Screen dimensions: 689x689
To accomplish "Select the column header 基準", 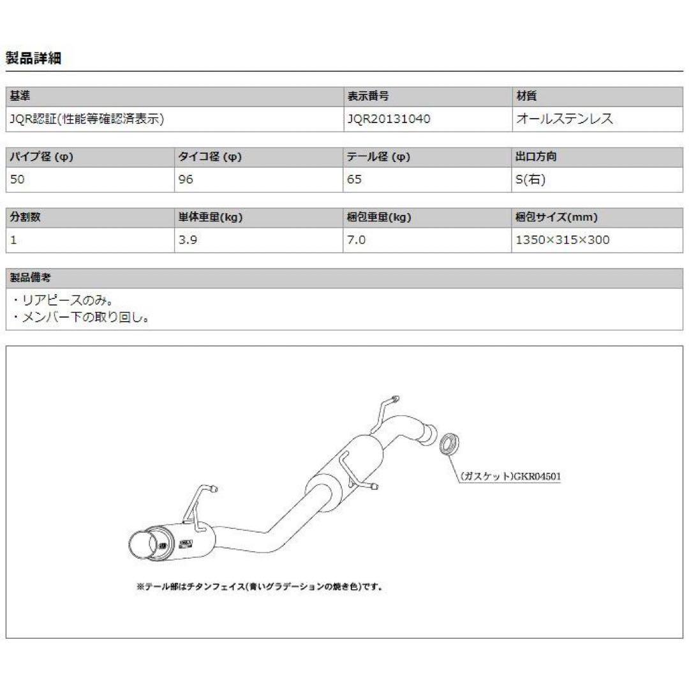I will pos(20,96).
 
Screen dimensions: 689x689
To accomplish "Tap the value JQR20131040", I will pos(389,119).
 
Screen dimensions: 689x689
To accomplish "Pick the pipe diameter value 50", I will pos(18,179).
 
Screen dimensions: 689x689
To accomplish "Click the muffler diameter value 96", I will pos(186,179).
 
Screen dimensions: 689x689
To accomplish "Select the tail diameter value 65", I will pos(354,179).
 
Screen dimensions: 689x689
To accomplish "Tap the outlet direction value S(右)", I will pos(530,179).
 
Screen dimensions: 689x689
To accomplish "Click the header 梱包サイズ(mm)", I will pos(556,218).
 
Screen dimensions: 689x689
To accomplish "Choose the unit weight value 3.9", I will pos(187,240).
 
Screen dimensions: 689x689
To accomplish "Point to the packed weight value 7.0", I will pos(356,240).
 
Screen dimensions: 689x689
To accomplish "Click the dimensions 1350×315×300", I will pos(563,240).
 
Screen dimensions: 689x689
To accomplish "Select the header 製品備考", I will pos(31,278).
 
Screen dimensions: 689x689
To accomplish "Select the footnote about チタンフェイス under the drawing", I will pos(259,586).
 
